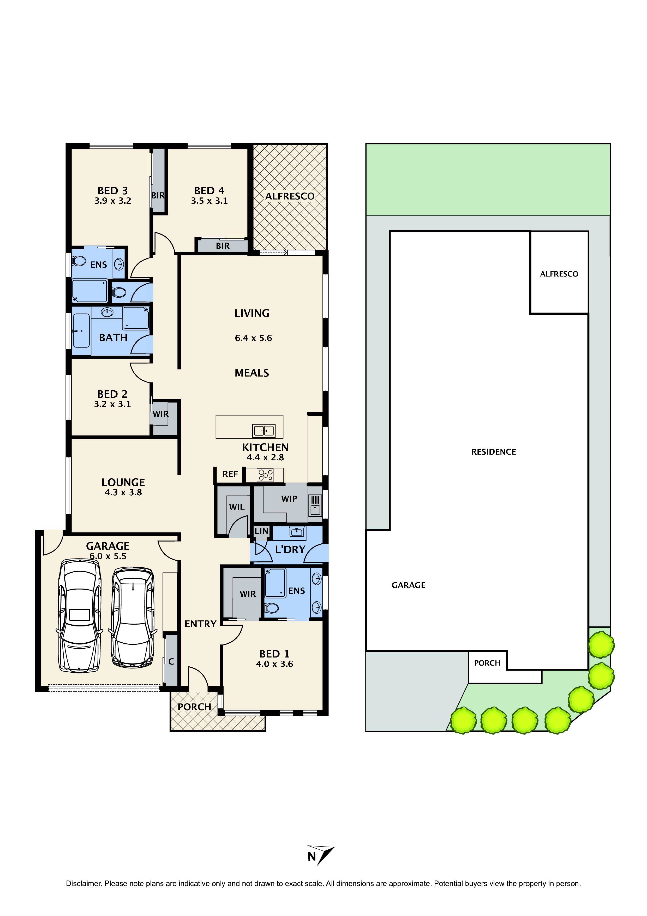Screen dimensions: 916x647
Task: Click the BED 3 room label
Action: pos(113,191)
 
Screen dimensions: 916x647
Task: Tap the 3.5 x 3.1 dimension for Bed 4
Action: pos(209,201)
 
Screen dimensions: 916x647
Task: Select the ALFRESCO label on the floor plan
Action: pos(290,196)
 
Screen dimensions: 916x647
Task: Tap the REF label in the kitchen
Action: pos(230,474)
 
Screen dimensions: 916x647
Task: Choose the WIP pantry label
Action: pos(289,499)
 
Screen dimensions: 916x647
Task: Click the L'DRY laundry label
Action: pos(290,549)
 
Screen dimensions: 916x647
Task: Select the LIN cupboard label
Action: pos(261,531)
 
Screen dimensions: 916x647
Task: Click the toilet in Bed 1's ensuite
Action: pos(272,608)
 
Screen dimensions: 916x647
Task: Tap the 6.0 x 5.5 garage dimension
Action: pos(108,556)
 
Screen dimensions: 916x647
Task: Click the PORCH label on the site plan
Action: pos(487,663)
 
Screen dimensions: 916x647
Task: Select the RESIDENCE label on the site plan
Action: pos(494,452)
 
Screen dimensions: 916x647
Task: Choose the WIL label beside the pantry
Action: pos(237,507)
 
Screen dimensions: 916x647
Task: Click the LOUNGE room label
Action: pos(123,482)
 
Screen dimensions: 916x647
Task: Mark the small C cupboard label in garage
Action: pos(171,661)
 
